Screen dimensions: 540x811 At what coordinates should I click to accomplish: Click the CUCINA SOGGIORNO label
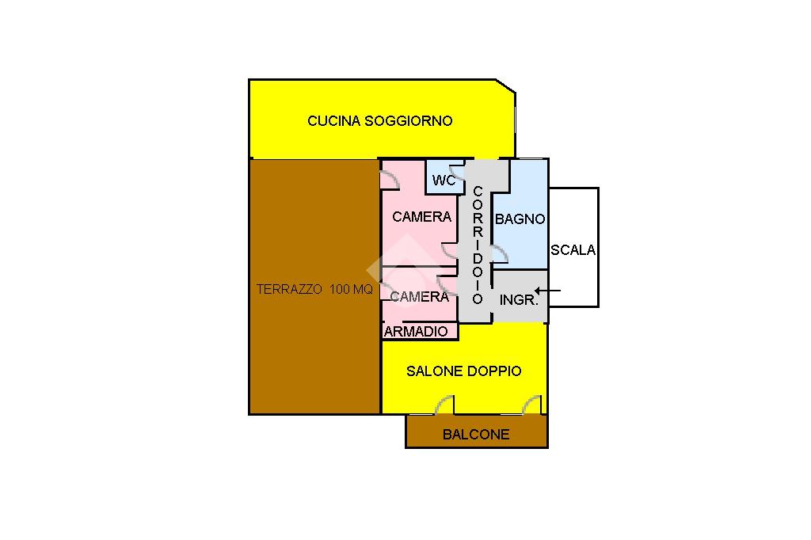tap(379, 121)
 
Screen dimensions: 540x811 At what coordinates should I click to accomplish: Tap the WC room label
tap(444, 181)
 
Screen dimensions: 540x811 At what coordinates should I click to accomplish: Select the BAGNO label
tap(520, 219)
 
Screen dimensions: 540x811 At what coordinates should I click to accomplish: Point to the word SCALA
tap(573, 250)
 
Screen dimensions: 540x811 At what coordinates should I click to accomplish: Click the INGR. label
tap(519, 300)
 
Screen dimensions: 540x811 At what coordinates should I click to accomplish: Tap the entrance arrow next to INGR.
tap(549, 291)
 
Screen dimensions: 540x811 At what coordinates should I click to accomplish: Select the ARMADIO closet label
tap(416, 332)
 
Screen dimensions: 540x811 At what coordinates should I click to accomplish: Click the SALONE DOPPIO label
tap(463, 371)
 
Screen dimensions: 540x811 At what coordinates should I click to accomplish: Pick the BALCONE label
tap(475, 434)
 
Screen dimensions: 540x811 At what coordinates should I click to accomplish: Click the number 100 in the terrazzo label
tap(339, 290)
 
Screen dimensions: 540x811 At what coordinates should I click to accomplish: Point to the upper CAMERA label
tap(421, 216)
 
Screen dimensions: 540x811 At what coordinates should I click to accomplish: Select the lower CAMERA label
tap(421, 297)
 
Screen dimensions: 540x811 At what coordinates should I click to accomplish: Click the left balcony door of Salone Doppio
tap(444, 405)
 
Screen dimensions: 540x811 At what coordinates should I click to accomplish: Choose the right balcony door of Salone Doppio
tap(531, 405)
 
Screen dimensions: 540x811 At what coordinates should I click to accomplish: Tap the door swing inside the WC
tap(455, 172)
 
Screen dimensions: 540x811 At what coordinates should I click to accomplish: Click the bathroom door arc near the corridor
tap(499, 253)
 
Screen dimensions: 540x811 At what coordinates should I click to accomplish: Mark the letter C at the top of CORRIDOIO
tap(478, 192)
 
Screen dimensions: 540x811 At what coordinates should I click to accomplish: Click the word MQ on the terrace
tap(363, 290)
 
